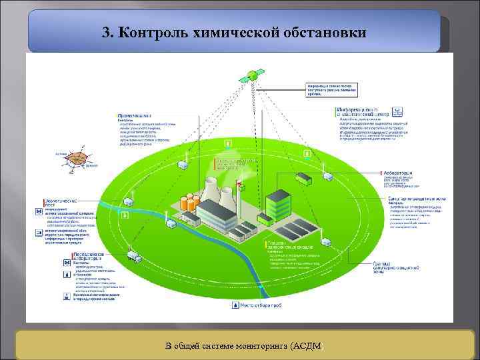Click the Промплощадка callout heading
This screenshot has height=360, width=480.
pyautogui.click(x=136, y=115)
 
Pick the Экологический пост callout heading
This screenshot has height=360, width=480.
pyautogui.click(x=63, y=202)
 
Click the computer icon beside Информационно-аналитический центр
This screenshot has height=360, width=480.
pyautogui.click(x=397, y=111)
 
